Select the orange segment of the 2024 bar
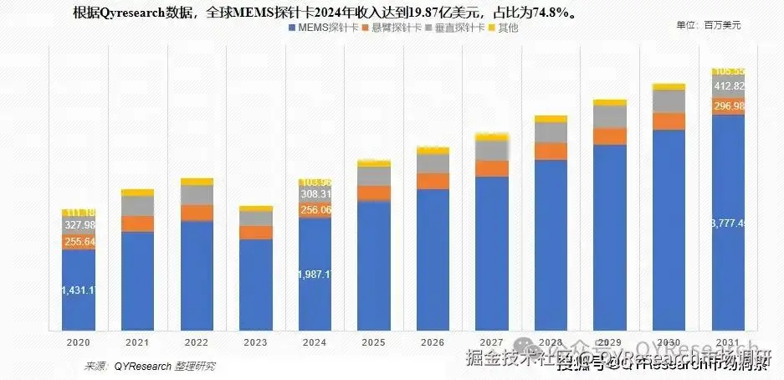(x=315, y=210)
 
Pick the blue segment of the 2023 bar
(x=255, y=285)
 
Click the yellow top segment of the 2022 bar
(x=197, y=182)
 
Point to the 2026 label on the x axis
(x=432, y=341)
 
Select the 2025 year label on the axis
(x=373, y=341)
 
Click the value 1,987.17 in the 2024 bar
(x=314, y=275)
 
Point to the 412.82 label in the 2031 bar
(x=729, y=86)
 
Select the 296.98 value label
(x=729, y=106)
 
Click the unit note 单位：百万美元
(x=708, y=24)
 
